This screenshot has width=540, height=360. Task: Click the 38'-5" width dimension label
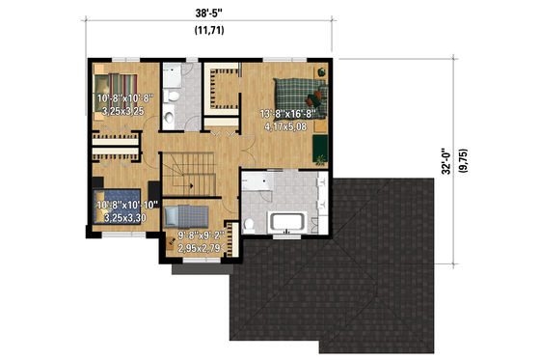click(209, 14)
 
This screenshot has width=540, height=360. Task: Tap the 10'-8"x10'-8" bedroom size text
click(120, 99)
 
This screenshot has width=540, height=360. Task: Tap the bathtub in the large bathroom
click(287, 224)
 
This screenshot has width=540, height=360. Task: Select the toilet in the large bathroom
click(249, 226)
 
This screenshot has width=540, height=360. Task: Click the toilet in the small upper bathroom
click(170, 118)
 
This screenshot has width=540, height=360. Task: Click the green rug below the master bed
click(319, 146)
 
